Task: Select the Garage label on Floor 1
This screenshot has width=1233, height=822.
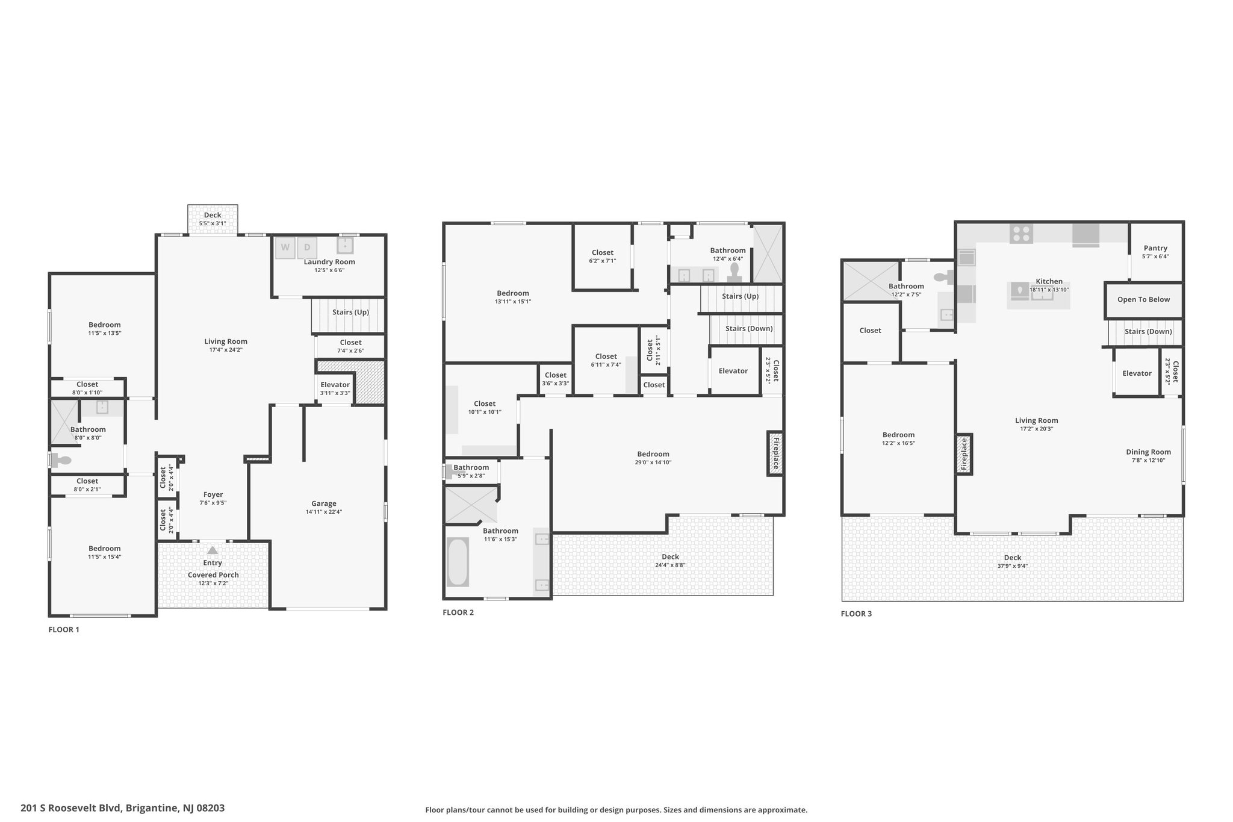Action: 324,503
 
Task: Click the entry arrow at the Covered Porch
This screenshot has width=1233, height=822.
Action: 213,550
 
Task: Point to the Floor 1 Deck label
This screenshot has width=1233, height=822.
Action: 213,215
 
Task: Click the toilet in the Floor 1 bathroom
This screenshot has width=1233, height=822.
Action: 61,460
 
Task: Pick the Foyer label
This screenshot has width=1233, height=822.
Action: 213,494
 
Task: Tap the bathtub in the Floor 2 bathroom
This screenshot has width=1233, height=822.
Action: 458,562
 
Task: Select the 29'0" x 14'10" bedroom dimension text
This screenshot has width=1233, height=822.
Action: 653,462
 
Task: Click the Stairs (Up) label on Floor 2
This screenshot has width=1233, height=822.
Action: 740,296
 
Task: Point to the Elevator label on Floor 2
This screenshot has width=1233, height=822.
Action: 733,371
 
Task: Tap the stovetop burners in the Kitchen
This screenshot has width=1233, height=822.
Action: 1021,233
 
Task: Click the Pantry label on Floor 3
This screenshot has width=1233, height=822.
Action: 1155,248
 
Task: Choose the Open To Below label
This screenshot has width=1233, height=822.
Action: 1143,299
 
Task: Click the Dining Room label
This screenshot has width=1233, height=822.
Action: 1148,452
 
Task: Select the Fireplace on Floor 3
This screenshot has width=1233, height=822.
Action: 963,453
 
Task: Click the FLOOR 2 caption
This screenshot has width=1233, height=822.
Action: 458,612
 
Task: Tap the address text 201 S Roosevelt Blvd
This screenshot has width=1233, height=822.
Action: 72,808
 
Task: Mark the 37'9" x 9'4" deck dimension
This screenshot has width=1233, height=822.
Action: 1013,566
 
